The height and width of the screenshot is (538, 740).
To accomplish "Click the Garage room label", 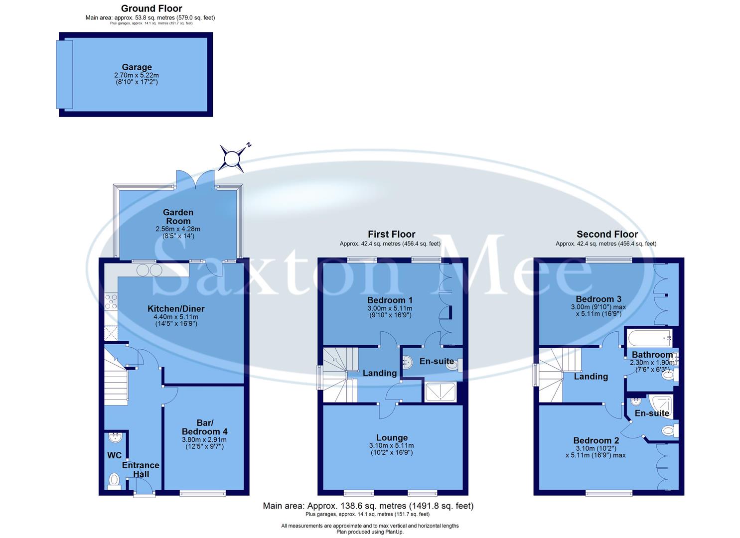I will tap(137, 67).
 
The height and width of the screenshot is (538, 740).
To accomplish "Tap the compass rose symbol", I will tap(232, 158).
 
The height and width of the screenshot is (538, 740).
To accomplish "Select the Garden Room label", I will tap(178, 217).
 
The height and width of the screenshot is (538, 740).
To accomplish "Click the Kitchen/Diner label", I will tap(176, 309).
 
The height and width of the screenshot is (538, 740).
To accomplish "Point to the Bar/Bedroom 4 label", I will tap(204, 427).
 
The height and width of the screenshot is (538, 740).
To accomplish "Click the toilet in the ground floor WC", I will tap(115, 481).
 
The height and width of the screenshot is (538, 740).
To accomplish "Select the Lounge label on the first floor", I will tap(392, 438).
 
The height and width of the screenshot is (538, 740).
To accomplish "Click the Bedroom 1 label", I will tap(390, 300).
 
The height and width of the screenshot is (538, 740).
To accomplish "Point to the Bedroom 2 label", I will tap(596, 440).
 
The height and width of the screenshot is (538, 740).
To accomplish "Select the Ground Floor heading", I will tap(151, 8).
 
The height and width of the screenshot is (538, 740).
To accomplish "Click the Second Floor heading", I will tap(607, 234).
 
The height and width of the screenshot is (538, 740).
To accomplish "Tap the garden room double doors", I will tap(196, 180).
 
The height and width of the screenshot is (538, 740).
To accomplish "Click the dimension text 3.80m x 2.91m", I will tap(204, 440).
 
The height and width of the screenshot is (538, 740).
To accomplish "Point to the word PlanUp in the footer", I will tap(393, 532).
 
